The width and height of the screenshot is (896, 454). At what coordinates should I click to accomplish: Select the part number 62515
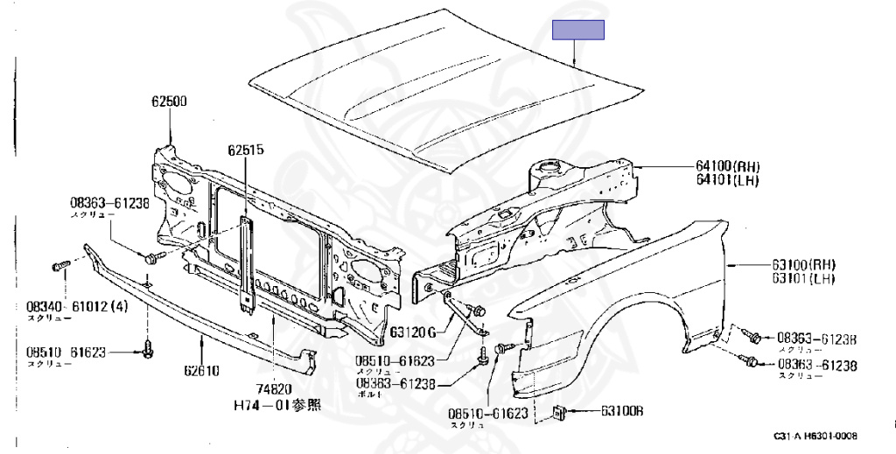(x=246, y=150)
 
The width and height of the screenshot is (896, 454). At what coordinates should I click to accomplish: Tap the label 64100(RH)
(x=728, y=166)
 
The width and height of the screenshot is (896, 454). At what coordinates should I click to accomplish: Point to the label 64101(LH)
(x=727, y=181)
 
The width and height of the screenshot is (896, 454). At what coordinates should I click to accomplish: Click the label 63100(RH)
(x=802, y=264)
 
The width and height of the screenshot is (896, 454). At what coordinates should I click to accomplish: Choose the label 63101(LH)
(x=801, y=279)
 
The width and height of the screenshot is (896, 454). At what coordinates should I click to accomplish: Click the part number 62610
(x=201, y=371)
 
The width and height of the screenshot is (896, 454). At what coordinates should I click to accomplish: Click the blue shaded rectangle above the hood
(x=578, y=30)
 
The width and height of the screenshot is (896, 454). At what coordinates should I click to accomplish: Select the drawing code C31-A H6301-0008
(x=815, y=436)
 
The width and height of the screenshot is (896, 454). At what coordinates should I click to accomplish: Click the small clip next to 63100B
(x=559, y=411)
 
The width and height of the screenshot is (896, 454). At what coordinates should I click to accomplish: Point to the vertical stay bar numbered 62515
(x=246, y=262)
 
